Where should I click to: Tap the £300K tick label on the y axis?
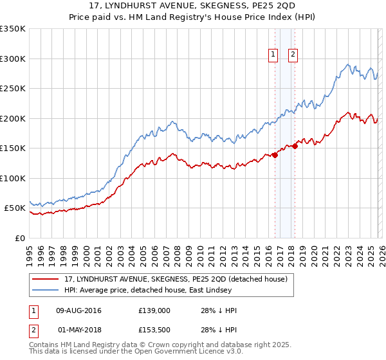point(13,59)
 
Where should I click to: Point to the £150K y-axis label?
point(13,148)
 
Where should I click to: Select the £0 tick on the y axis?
point(19,238)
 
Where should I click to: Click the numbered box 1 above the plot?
point(273,55)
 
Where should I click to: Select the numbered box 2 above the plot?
point(293,55)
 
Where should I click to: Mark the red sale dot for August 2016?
point(275,155)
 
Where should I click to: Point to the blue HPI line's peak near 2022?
point(347,64)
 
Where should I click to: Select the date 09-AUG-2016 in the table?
point(79,310)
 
